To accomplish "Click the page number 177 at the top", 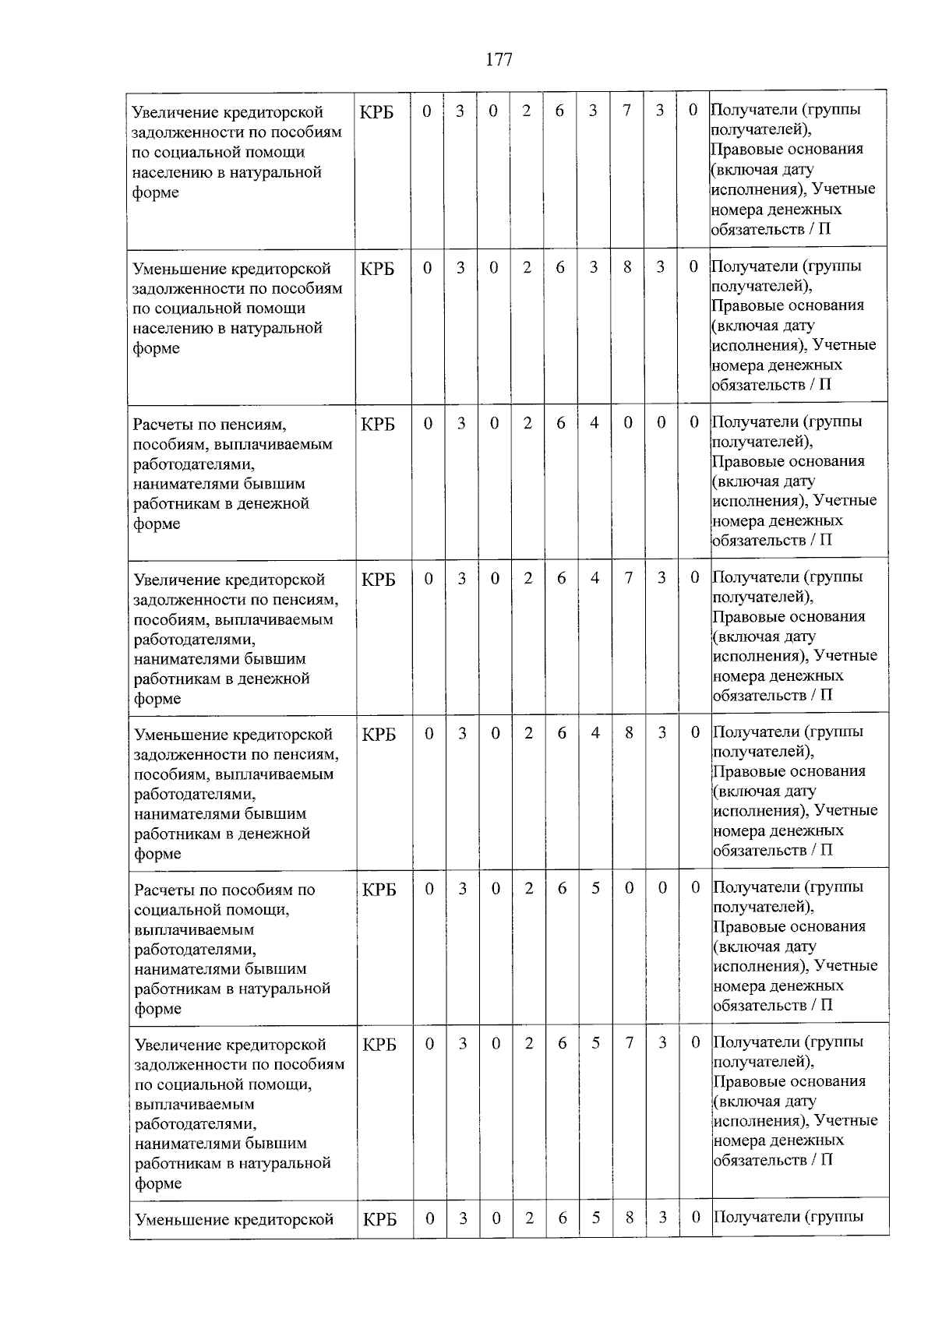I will point(499,59).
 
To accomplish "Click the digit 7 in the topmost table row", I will point(626,111).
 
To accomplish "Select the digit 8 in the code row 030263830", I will point(627,267).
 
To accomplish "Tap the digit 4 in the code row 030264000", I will point(595,423).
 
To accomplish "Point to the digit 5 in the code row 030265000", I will point(595,888).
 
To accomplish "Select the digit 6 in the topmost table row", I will point(559,111).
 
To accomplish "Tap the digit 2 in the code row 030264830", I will point(528,734).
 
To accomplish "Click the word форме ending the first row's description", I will point(156,192).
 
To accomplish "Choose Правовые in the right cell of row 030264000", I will point(744,461).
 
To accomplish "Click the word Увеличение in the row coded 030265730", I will point(177,1045).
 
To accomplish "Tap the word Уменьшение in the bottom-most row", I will point(180,1220).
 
